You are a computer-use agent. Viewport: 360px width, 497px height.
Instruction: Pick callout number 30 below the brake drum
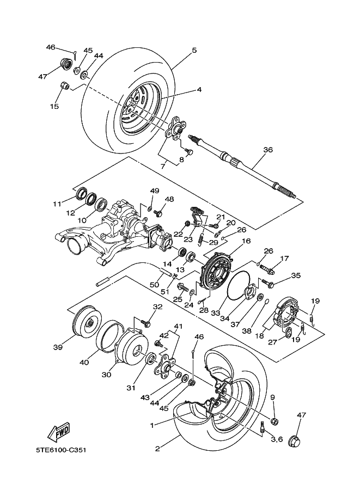tap(106, 375)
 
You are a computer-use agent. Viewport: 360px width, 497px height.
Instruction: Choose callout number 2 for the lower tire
tap(157, 449)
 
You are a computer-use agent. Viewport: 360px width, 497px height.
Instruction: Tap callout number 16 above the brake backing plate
tap(246, 241)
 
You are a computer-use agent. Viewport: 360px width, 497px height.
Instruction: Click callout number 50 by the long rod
tap(155, 285)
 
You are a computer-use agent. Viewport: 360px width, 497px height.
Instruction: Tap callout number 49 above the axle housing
tap(155, 191)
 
